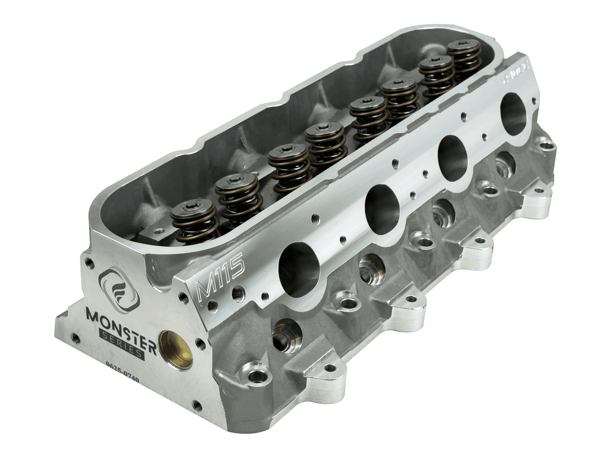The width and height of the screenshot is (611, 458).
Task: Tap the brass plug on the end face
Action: point(176,350)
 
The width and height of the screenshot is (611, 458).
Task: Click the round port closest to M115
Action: point(298,268)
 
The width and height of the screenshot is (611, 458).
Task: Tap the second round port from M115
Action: point(382,209)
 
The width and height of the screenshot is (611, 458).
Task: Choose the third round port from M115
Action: point(452,158)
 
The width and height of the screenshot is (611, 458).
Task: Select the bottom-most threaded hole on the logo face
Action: point(197,405)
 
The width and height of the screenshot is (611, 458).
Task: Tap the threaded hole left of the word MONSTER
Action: point(76,337)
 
